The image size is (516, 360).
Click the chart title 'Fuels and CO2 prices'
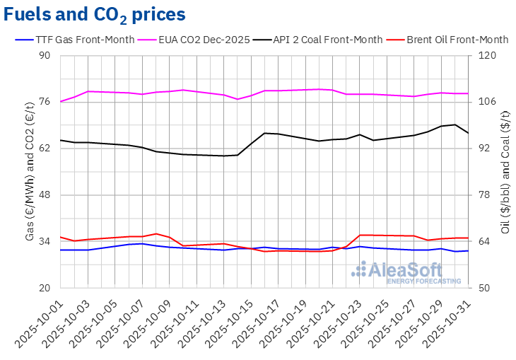point(95,14)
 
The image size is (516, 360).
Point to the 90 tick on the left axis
point(47,56)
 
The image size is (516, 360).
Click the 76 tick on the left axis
point(47,102)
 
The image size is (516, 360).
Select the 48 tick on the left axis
point(47,195)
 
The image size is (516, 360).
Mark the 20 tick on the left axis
point(47,288)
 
